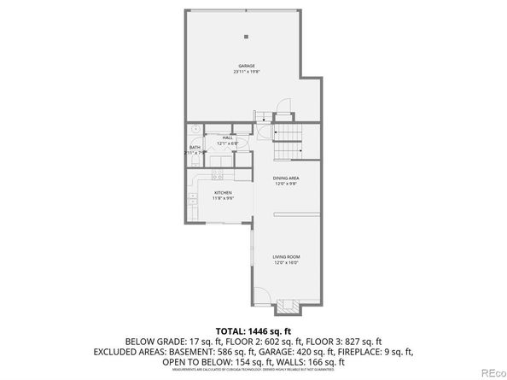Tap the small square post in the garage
tap(246, 36)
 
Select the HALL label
tap(227, 137)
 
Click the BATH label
tap(195, 148)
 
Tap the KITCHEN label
tap(222, 193)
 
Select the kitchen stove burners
tap(218, 176)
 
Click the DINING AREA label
tap(286, 178)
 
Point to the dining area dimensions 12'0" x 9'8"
tap(286, 184)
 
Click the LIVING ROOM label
tap(286, 256)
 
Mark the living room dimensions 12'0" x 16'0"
tap(286, 262)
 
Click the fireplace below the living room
tap(286, 307)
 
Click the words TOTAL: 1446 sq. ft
tap(253, 329)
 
